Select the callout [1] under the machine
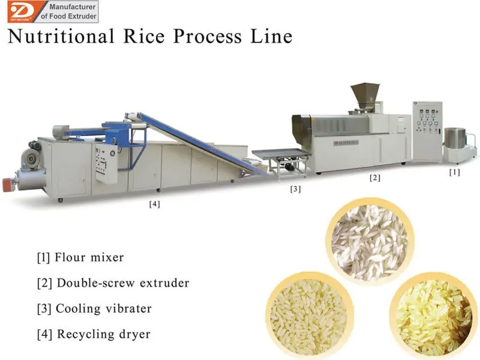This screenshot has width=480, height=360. tap(455, 172)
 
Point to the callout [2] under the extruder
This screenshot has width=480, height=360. tap(374, 178)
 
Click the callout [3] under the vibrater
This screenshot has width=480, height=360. tap(295, 189)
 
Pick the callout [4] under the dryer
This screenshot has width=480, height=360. tap(155, 204)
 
